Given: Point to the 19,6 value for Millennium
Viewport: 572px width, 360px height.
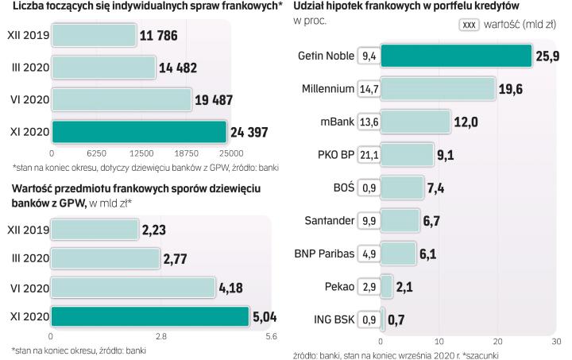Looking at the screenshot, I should tap(512, 89).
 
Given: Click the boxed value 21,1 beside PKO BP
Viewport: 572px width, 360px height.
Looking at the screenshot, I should tap(369, 154).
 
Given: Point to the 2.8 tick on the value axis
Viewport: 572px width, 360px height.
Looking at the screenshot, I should tap(160, 337).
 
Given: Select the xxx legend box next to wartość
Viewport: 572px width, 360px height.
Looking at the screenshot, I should tap(470, 25).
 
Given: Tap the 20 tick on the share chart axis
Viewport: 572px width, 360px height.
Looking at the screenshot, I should tap(497, 340).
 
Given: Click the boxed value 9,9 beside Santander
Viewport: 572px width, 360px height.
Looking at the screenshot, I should tap(369, 220).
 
